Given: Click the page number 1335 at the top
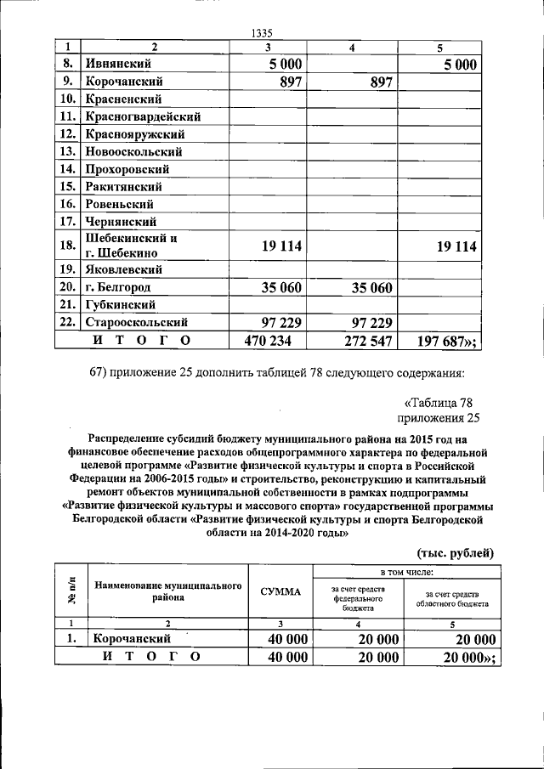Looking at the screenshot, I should (x=267, y=33).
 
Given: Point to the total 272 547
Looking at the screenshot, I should (x=360, y=341).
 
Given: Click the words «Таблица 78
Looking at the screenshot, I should (x=441, y=402).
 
